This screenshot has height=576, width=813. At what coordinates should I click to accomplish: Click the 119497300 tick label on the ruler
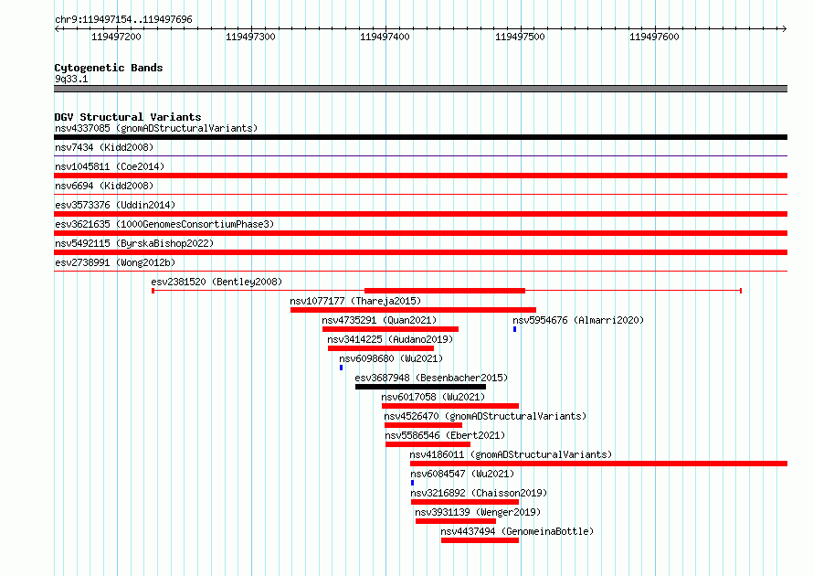coord(250,37)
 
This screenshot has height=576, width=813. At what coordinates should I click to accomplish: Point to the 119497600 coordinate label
coord(654,37)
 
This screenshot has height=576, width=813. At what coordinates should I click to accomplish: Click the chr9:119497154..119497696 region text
coord(123,20)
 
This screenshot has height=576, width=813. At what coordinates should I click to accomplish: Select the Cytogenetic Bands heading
coord(109,68)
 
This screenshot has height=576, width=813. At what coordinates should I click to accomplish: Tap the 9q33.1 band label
coord(71,79)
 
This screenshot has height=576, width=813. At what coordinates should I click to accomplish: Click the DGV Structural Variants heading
coord(128,117)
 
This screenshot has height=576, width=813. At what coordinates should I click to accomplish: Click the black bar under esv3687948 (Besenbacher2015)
coord(420,387)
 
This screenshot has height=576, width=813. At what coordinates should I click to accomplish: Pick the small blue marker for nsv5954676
coord(515,329)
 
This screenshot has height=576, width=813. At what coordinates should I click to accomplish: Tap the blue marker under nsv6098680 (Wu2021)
coord(341,368)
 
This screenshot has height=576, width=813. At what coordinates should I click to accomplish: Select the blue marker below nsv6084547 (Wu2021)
coord(412,483)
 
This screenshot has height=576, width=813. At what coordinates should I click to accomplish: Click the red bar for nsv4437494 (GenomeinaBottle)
coord(480,540)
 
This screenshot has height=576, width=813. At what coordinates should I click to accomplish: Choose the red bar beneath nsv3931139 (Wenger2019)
coord(455,521)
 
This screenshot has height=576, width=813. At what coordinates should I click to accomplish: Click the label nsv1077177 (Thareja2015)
coord(355,301)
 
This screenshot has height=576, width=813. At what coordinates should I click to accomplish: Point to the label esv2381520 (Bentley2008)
coord(216,282)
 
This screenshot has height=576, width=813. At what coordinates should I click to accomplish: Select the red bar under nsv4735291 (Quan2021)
coord(390,329)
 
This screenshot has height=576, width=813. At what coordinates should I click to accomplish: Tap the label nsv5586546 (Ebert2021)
coord(445,435)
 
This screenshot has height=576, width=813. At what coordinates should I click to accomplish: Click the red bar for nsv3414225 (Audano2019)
coord(381,348)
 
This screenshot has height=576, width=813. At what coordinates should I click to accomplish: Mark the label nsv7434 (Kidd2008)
coord(104,147)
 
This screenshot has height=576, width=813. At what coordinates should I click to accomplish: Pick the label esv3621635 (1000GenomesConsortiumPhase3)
coord(164,224)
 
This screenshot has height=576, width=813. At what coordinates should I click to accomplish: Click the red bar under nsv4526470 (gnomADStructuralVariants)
coord(423,425)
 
